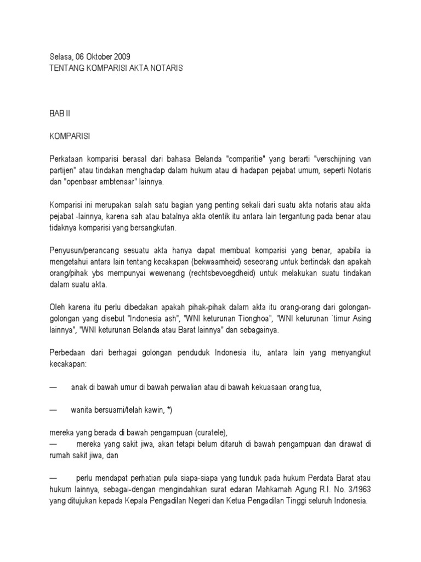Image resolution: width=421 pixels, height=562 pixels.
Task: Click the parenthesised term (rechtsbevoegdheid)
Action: [x=224, y=273]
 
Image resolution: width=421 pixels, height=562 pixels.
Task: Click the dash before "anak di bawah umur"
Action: [x=54, y=387]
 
